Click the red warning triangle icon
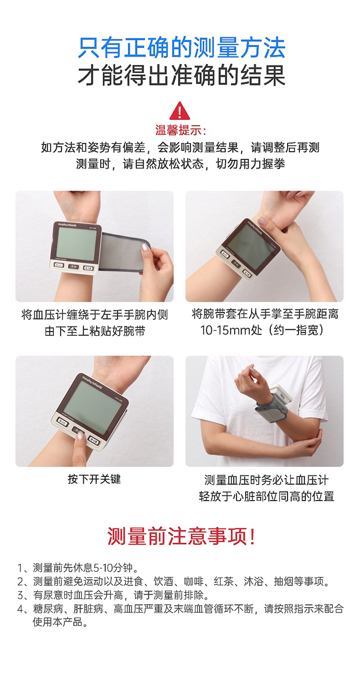click(180, 111)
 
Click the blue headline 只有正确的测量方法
click(181, 48)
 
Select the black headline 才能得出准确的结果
click(181, 75)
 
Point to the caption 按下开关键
click(95, 479)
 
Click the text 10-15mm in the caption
click(225, 330)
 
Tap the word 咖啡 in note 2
click(193, 581)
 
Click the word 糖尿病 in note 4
click(48, 608)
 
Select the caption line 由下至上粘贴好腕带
click(95, 331)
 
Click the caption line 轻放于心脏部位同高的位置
click(266, 496)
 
